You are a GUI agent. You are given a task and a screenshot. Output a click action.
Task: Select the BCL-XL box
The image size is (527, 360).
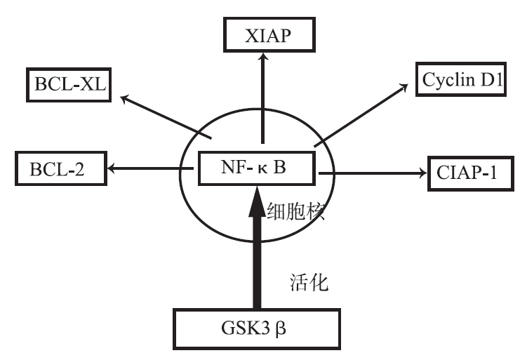point(69,85)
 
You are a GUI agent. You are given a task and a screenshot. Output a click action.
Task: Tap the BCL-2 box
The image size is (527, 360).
point(60,169)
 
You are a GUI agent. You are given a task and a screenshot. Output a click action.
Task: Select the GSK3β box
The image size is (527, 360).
point(257,328)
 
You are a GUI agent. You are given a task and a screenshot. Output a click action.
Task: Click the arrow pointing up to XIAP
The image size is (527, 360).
point(262,98)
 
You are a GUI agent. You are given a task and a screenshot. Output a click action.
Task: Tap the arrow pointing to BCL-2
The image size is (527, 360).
point(144,168)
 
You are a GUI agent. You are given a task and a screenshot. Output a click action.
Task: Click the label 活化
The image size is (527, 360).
point(309,284)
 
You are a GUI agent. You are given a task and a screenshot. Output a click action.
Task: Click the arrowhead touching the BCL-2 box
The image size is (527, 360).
point(110,168)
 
